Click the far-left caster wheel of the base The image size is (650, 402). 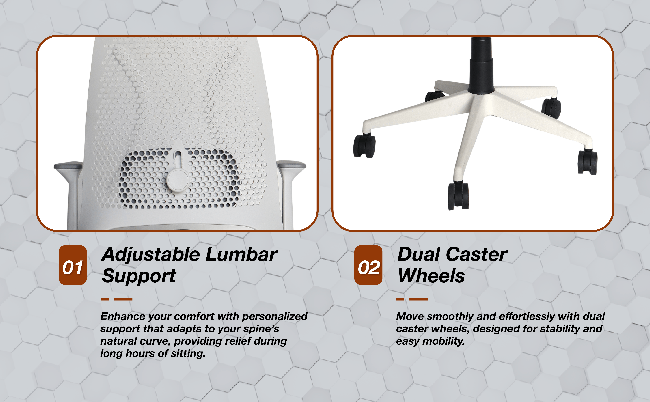tap(364, 146)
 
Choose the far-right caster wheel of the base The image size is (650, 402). tap(587, 162)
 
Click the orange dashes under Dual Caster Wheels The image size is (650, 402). tap(412, 299)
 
